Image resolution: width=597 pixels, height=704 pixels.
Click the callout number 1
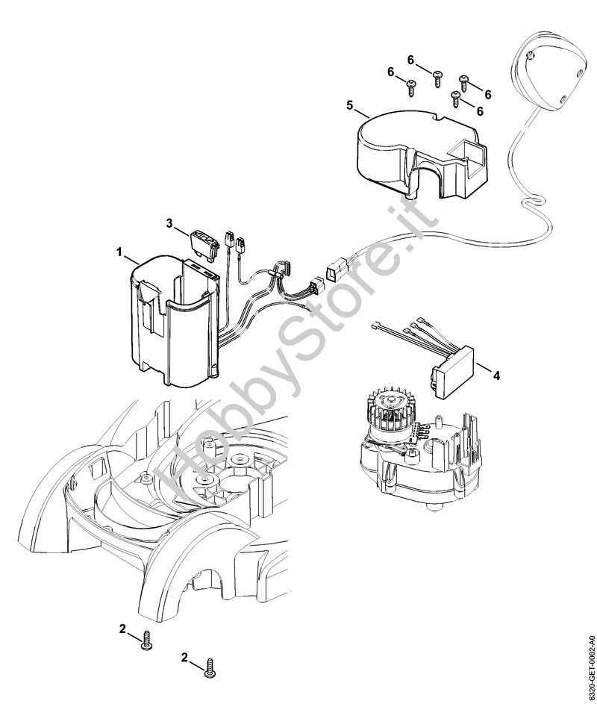[119, 253]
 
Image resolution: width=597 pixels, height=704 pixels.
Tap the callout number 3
[169, 223]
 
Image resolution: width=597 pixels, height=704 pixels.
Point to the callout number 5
[350, 105]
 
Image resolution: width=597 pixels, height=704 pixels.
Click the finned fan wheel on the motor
[387, 414]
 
